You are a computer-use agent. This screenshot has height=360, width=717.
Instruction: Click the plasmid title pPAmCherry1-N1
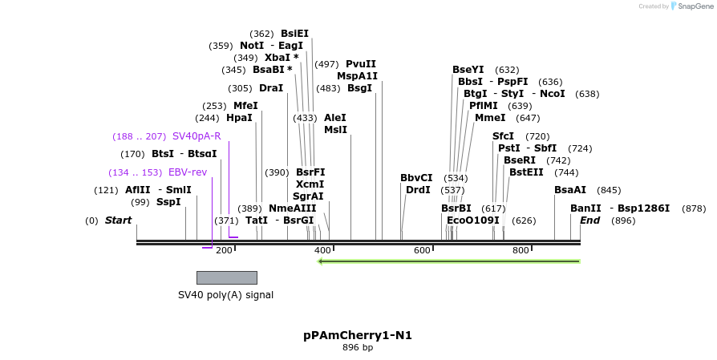(358, 335)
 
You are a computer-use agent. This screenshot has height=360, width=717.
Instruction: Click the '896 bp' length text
(358, 348)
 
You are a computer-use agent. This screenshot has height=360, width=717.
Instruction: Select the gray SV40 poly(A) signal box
(227, 277)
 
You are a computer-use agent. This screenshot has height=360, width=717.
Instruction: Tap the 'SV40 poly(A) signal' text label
(225, 295)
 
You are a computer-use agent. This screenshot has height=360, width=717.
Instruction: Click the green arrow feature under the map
(449, 261)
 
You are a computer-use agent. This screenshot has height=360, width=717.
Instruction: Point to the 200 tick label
(224, 251)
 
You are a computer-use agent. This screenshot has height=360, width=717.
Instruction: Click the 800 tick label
(521, 251)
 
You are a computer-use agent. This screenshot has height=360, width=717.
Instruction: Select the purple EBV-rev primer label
(188, 172)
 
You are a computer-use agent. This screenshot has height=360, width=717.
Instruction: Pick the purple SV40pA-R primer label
(196, 136)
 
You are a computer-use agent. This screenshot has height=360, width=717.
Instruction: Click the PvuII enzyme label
(361, 64)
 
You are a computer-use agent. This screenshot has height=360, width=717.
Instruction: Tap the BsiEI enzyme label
(294, 34)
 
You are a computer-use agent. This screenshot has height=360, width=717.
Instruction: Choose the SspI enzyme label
(168, 202)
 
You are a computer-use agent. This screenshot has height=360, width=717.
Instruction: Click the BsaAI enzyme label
(570, 190)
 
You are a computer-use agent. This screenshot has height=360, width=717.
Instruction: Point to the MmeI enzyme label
(490, 118)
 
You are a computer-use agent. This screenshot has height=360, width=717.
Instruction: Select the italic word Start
(118, 220)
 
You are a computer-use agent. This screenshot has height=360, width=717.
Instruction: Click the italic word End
(589, 220)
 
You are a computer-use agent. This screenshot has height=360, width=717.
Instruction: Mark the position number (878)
(694, 208)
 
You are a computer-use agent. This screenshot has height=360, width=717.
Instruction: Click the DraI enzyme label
(271, 88)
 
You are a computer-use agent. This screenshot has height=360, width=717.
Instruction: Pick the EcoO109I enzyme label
(473, 220)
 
